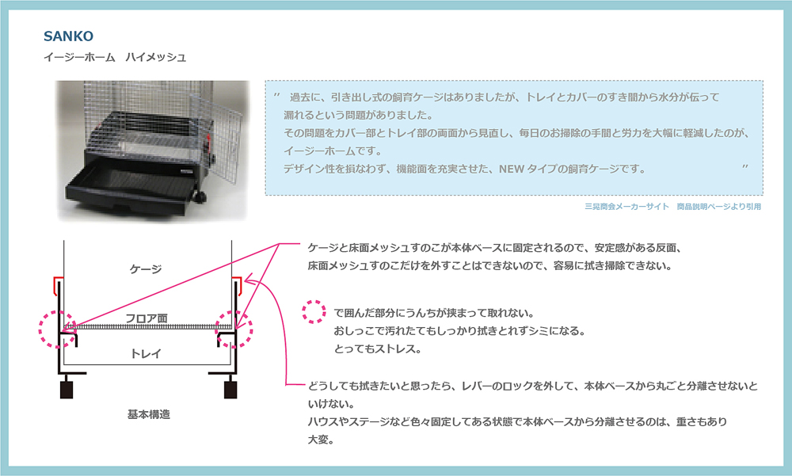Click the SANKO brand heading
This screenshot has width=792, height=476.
click(70, 36)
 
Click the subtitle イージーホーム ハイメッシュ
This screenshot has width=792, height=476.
click(115, 57)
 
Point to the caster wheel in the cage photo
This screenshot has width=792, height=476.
click(198, 196)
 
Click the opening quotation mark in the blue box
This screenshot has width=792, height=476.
click(276, 95)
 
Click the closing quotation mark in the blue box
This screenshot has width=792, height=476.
click(745, 167)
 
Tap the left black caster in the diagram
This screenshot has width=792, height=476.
click(67, 390)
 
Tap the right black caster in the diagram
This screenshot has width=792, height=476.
click(230, 390)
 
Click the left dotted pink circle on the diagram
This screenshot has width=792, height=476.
click(58, 327)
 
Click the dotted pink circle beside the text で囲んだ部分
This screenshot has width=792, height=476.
click(315, 311)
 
